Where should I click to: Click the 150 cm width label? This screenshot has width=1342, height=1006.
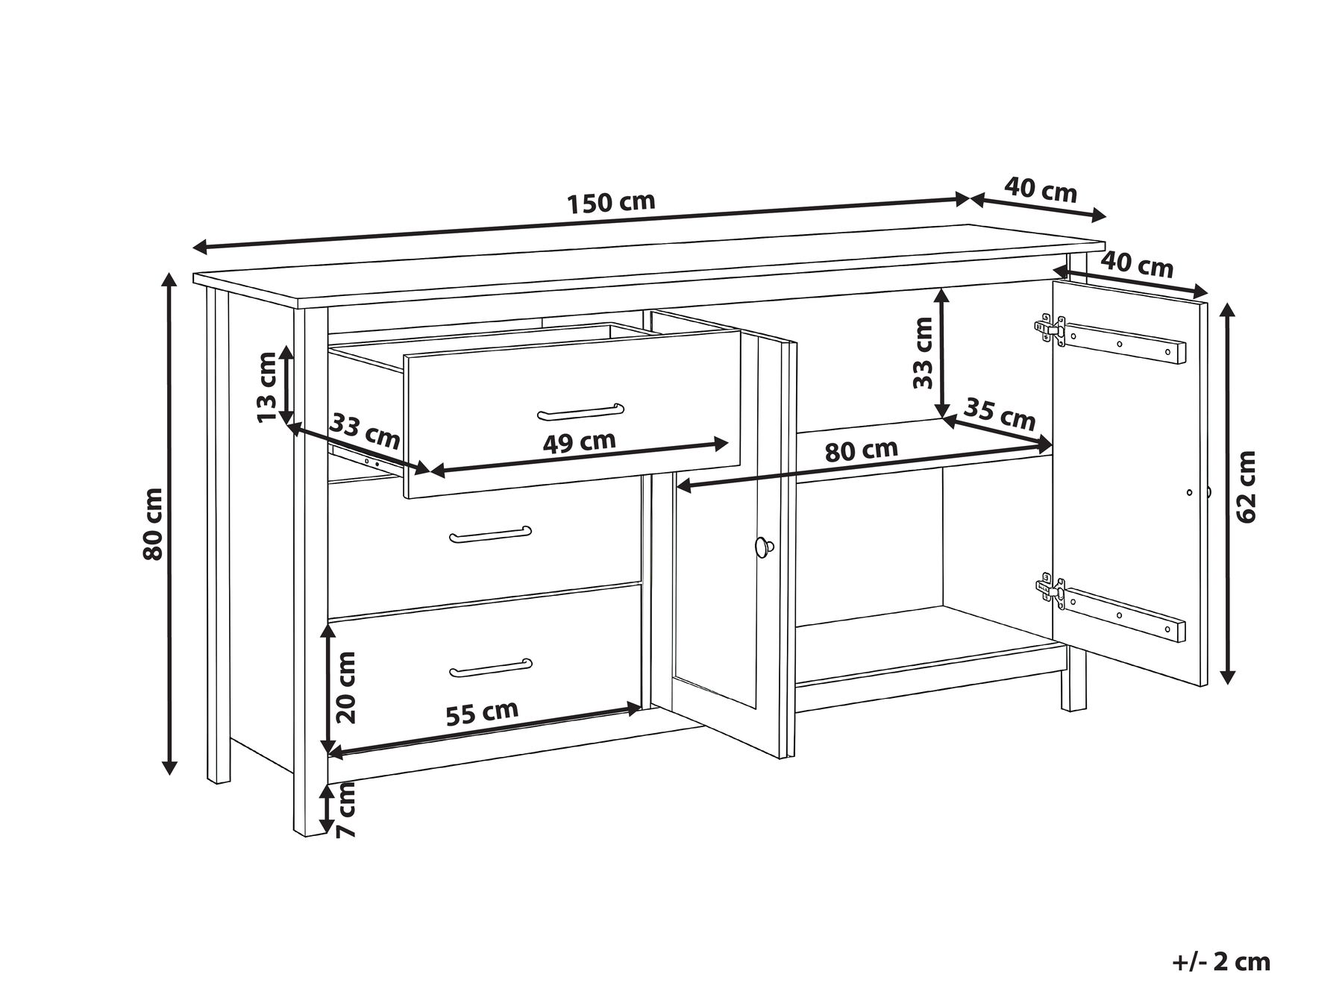[611, 203]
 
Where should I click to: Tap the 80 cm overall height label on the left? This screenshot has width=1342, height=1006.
[153, 524]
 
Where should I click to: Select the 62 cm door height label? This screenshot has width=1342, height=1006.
[1246, 485]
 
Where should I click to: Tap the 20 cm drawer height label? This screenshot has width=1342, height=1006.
[345, 688]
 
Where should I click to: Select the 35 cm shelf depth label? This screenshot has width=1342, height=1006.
[1000, 414]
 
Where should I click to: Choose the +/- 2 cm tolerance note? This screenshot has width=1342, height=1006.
[1220, 961]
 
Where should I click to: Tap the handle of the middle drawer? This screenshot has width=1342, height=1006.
[491, 534]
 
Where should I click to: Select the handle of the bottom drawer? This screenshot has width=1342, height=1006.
[491, 668]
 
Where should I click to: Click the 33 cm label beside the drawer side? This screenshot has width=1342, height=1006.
[366, 431]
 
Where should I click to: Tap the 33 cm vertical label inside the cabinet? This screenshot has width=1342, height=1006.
[924, 353]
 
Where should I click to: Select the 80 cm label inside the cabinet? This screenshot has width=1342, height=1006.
[861, 450]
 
